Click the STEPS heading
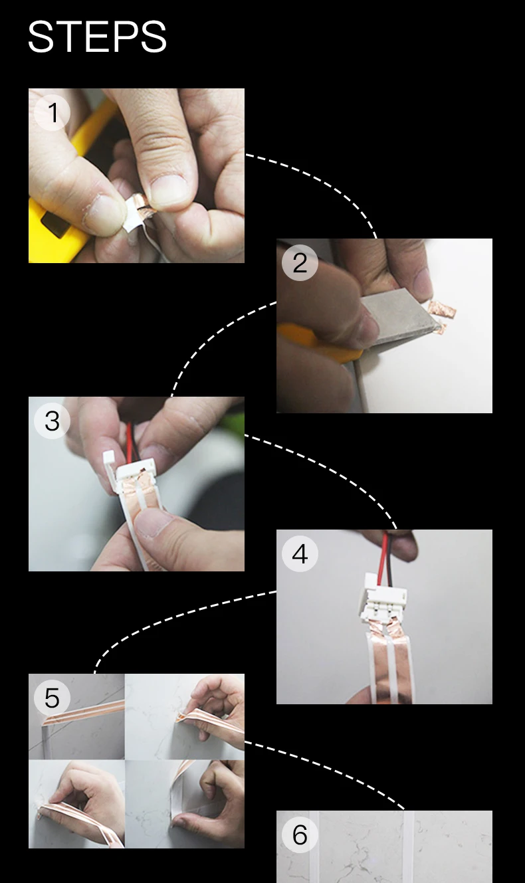tap(97, 37)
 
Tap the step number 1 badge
tap(52, 113)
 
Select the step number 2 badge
tap(300, 262)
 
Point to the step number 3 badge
tap(52, 421)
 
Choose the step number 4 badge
tap(300, 553)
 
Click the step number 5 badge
tap(52, 698)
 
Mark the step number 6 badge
tap(300, 834)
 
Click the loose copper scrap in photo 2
tap(442, 310)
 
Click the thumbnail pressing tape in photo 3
tap(153, 522)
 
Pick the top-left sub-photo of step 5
tap(76, 716)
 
